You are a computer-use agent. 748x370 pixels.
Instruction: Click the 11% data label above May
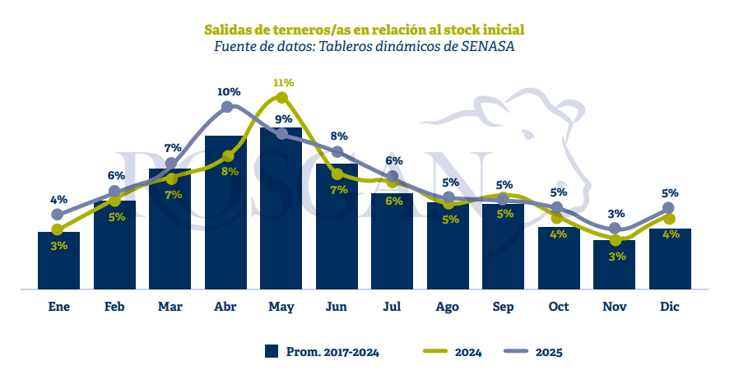click(283, 83)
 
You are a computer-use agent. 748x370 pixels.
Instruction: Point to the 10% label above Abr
click(229, 91)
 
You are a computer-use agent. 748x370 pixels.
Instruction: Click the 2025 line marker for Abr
click(227, 107)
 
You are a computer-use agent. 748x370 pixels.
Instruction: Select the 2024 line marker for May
click(281, 98)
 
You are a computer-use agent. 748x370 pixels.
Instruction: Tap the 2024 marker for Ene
click(58, 229)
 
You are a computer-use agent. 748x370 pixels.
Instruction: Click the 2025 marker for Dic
click(669, 208)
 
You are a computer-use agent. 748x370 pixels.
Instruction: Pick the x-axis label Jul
click(392, 307)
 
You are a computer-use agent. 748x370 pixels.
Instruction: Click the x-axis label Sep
click(503, 307)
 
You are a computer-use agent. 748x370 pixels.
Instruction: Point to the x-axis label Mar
click(170, 307)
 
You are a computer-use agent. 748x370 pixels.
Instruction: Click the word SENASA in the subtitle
click(485, 45)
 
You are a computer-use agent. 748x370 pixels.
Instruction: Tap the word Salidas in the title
click(228, 29)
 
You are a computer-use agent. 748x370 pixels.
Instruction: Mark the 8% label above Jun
click(338, 136)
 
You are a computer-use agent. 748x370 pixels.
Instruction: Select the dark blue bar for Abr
click(225, 214)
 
